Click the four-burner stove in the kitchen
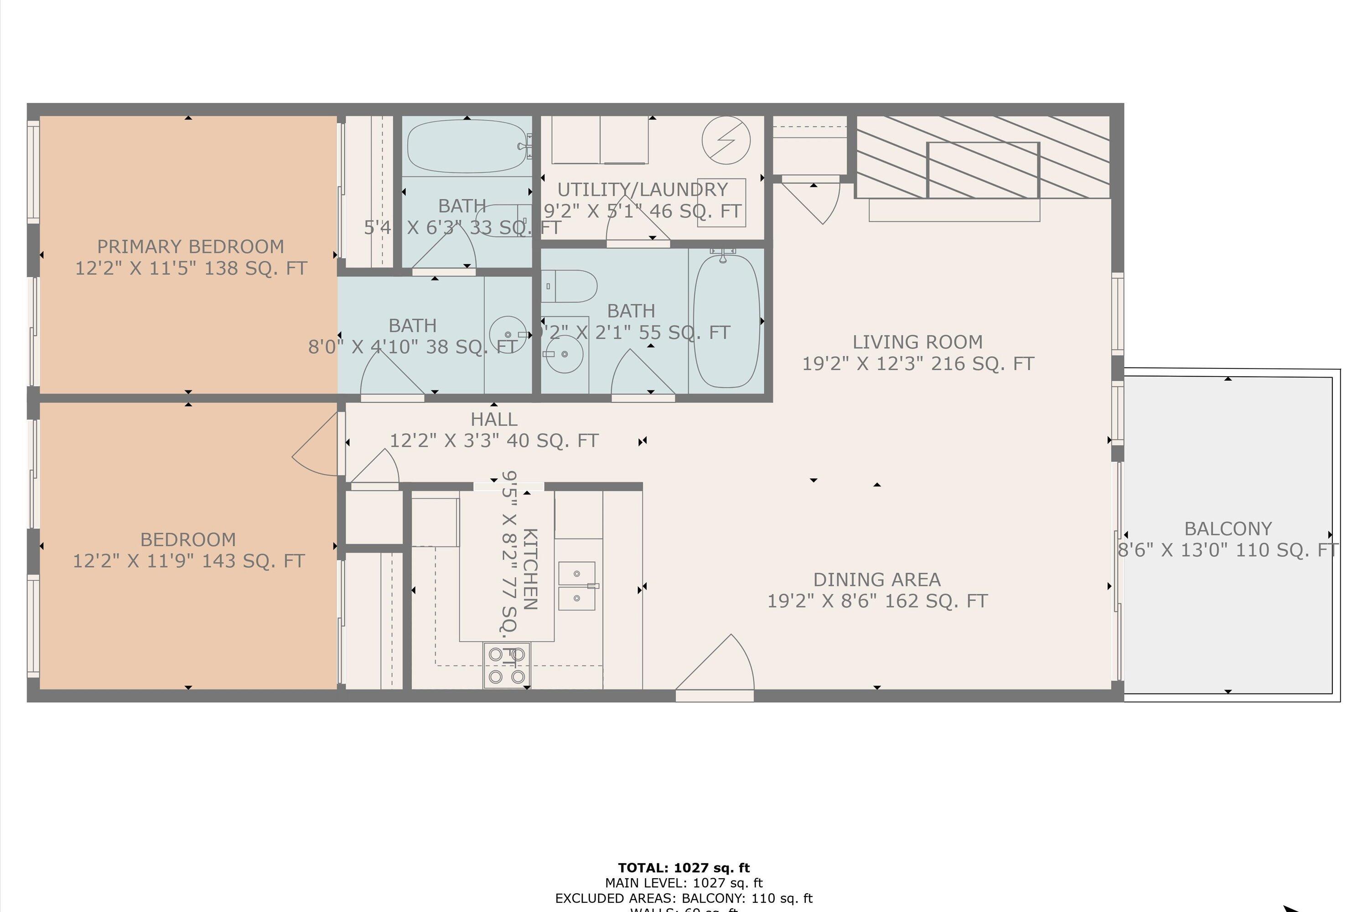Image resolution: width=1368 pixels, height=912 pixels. point(506,665)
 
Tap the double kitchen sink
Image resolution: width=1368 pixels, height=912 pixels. point(576,586)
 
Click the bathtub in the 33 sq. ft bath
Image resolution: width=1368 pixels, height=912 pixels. point(467,146)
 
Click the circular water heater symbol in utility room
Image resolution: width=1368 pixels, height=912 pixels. point(725,140)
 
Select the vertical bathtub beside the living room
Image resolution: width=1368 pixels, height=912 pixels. point(726,321)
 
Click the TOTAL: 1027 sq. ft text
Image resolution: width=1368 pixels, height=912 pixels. point(684,868)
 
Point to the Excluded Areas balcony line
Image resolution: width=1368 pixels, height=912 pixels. point(684,898)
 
